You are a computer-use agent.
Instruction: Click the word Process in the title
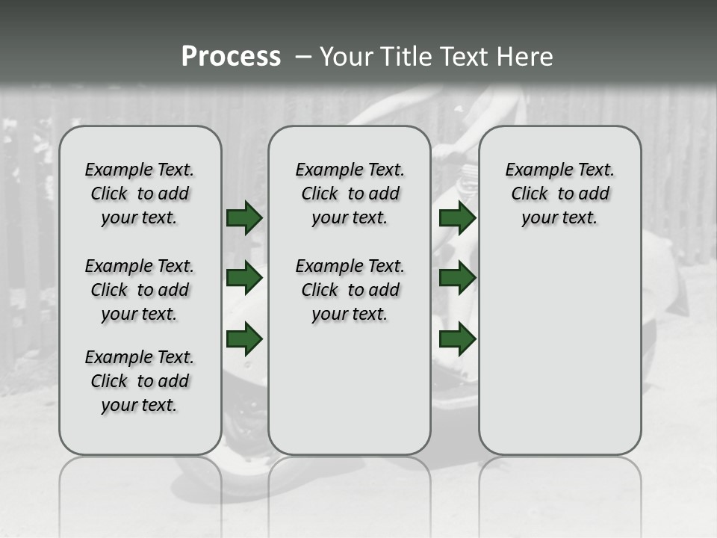point(231,57)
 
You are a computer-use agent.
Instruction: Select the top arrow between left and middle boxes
point(244,217)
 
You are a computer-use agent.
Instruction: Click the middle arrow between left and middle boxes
point(244,278)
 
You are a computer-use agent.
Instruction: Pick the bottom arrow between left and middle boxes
point(244,338)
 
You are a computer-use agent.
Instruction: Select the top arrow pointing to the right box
point(458,217)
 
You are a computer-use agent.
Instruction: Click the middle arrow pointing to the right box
point(458,278)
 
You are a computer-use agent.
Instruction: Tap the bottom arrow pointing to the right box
point(458,338)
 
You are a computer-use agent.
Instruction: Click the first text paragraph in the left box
point(140,194)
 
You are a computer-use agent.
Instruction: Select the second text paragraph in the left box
point(140,290)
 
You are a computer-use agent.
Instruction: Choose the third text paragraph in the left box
point(140,381)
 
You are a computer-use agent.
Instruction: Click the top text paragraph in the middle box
point(350,194)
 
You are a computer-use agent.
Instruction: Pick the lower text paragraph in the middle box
point(350,290)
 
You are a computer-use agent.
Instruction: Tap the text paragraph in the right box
point(560,194)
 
